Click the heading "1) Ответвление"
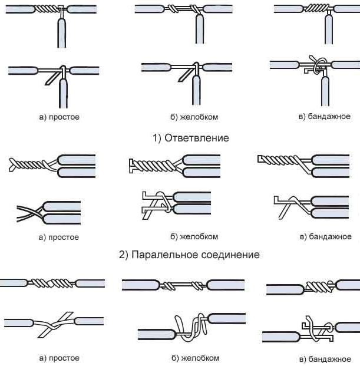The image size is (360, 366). pos(191,138)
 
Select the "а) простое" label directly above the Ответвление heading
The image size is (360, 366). pos(59,117)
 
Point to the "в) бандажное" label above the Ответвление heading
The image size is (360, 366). pos(325,117)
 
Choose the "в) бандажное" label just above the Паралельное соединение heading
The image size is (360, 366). pos(325,236)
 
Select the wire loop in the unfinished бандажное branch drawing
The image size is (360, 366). pos(319,65)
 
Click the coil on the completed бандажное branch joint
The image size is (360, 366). pos(315,9)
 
